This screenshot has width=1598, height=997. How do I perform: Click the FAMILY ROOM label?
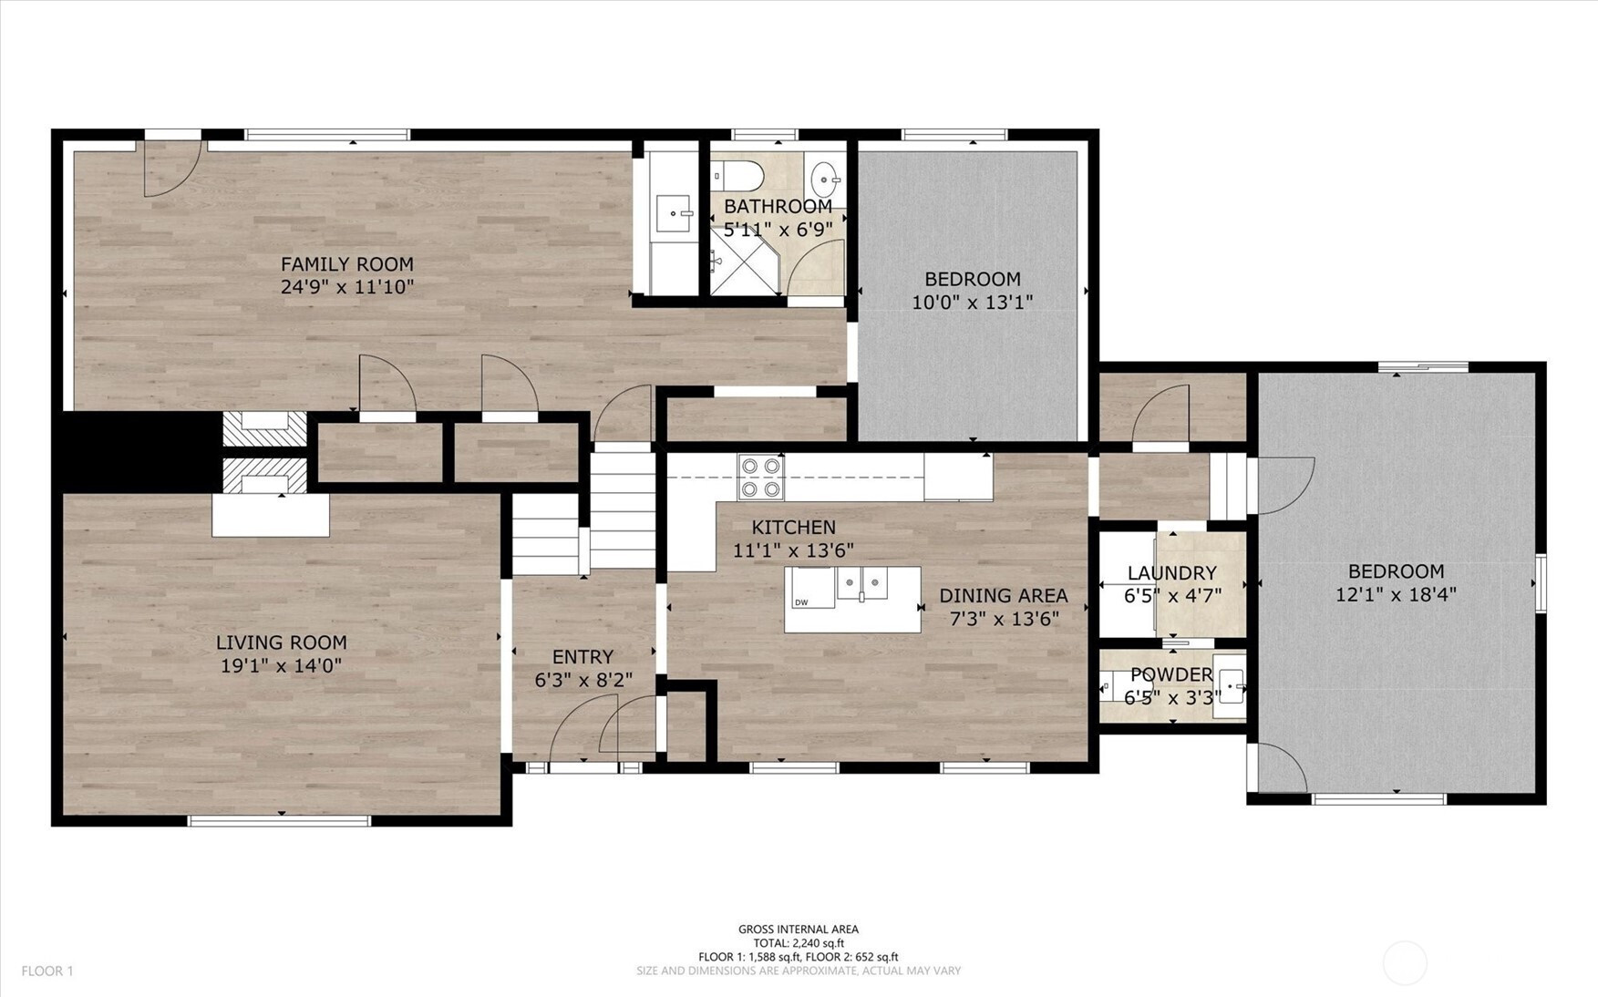[x=346, y=264]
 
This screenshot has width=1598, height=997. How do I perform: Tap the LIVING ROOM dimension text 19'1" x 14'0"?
[x=281, y=666]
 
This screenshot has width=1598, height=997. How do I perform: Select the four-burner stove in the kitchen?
[x=760, y=477]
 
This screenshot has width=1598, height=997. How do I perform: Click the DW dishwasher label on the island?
[x=801, y=602]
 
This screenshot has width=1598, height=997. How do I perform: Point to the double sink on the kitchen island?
[x=861, y=583]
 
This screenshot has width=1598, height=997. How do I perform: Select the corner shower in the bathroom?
[x=745, y=261]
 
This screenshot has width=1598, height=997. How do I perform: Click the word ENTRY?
[x=582, y=657]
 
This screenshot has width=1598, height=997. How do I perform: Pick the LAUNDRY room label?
[x=1171, y=573]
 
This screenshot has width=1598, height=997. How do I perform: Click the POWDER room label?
[x=1171, y=675]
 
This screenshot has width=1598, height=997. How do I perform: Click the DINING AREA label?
[x=1003, y=596]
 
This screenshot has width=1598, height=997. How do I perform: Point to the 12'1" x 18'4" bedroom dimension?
[x=1396, y=595]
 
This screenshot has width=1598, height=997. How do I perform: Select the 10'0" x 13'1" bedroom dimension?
[x=972, y=303]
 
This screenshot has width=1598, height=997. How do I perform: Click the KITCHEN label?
[x=793, y=528]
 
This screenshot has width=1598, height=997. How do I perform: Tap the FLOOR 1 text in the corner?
[x=47, y=971]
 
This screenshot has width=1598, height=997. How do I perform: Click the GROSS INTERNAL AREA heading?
[x=799, y=930]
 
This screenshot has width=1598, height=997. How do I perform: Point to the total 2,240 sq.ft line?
[x=799, y=943]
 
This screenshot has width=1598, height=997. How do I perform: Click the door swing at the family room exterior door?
[x=173, y=169]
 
